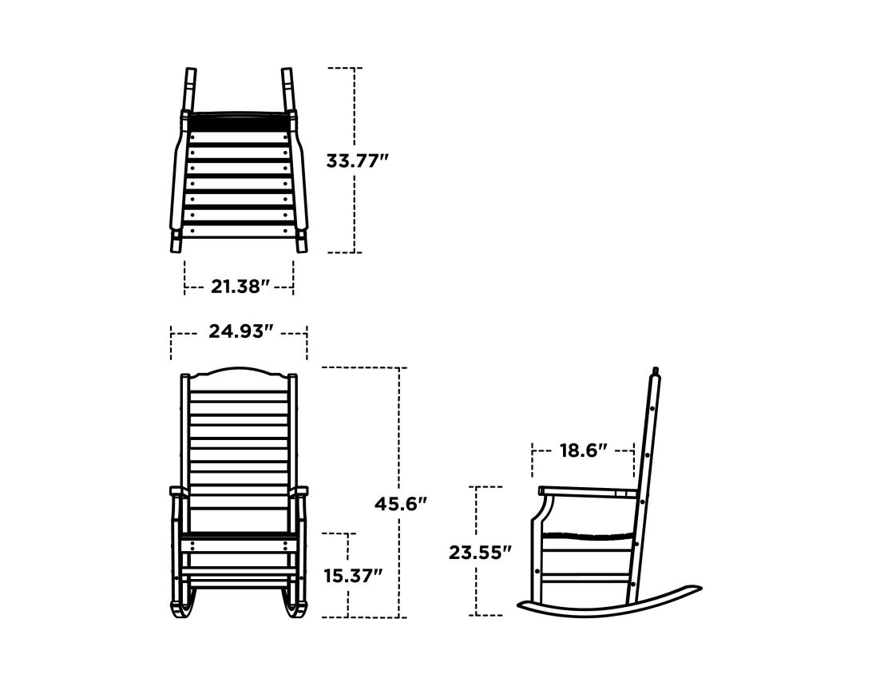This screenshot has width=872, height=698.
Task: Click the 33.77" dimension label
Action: (x=357, y=161)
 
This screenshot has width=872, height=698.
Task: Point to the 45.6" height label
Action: (x=401, y=504)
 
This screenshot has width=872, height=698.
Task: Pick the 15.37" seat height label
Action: (x=353, y=575)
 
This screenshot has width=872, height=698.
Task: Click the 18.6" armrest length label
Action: (x=583, y=450)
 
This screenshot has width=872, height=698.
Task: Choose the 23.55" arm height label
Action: (x=479, y=552)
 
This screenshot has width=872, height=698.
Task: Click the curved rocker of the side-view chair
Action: (x=607, y=609)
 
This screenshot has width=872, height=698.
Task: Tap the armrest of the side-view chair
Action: (x=587, y=491)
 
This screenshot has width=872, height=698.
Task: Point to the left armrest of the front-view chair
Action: (x=177, y=492)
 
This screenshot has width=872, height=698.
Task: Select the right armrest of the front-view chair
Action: (x=300, y=492)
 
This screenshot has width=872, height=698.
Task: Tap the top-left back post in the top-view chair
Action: (x=190, y=88)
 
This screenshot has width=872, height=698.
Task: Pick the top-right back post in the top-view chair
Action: (x=287, y=88)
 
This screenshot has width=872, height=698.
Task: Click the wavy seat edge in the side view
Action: (x=587, y=536)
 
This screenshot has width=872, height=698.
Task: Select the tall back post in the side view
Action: (x=648, y=447)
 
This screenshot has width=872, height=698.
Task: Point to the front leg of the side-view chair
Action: (x=536, y=559)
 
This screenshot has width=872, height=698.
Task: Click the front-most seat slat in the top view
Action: (x=239, y=232)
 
